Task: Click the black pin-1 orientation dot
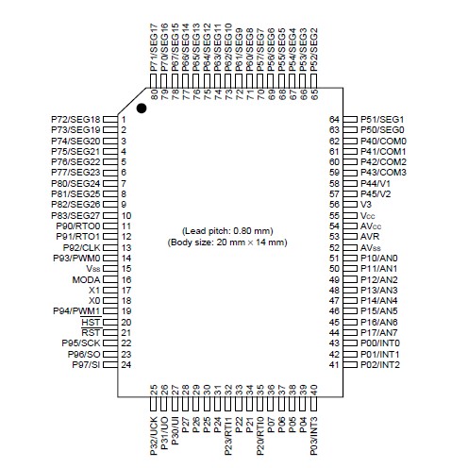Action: coord(142,109)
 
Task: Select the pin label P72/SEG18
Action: coord(75,119)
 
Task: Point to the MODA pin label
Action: coord(86,280)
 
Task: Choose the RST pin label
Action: coord(92,333)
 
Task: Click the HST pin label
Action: coord(92,322)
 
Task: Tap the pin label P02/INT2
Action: coord(379,364)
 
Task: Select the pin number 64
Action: coord(333,119)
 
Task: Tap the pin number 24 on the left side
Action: coord(125,364)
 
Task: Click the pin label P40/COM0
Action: coord(383,141)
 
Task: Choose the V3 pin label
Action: coord(366,203)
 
